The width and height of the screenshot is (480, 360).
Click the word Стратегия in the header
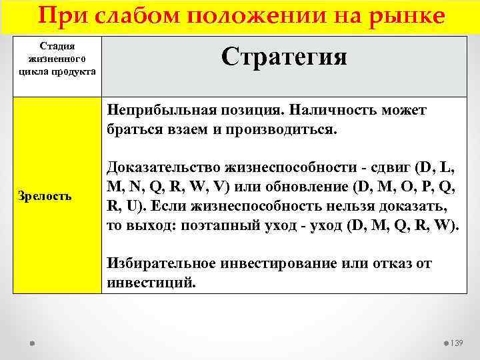[284, 57]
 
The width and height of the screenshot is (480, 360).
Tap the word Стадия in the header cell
[57, 46]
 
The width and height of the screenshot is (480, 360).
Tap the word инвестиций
[150, 282]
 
